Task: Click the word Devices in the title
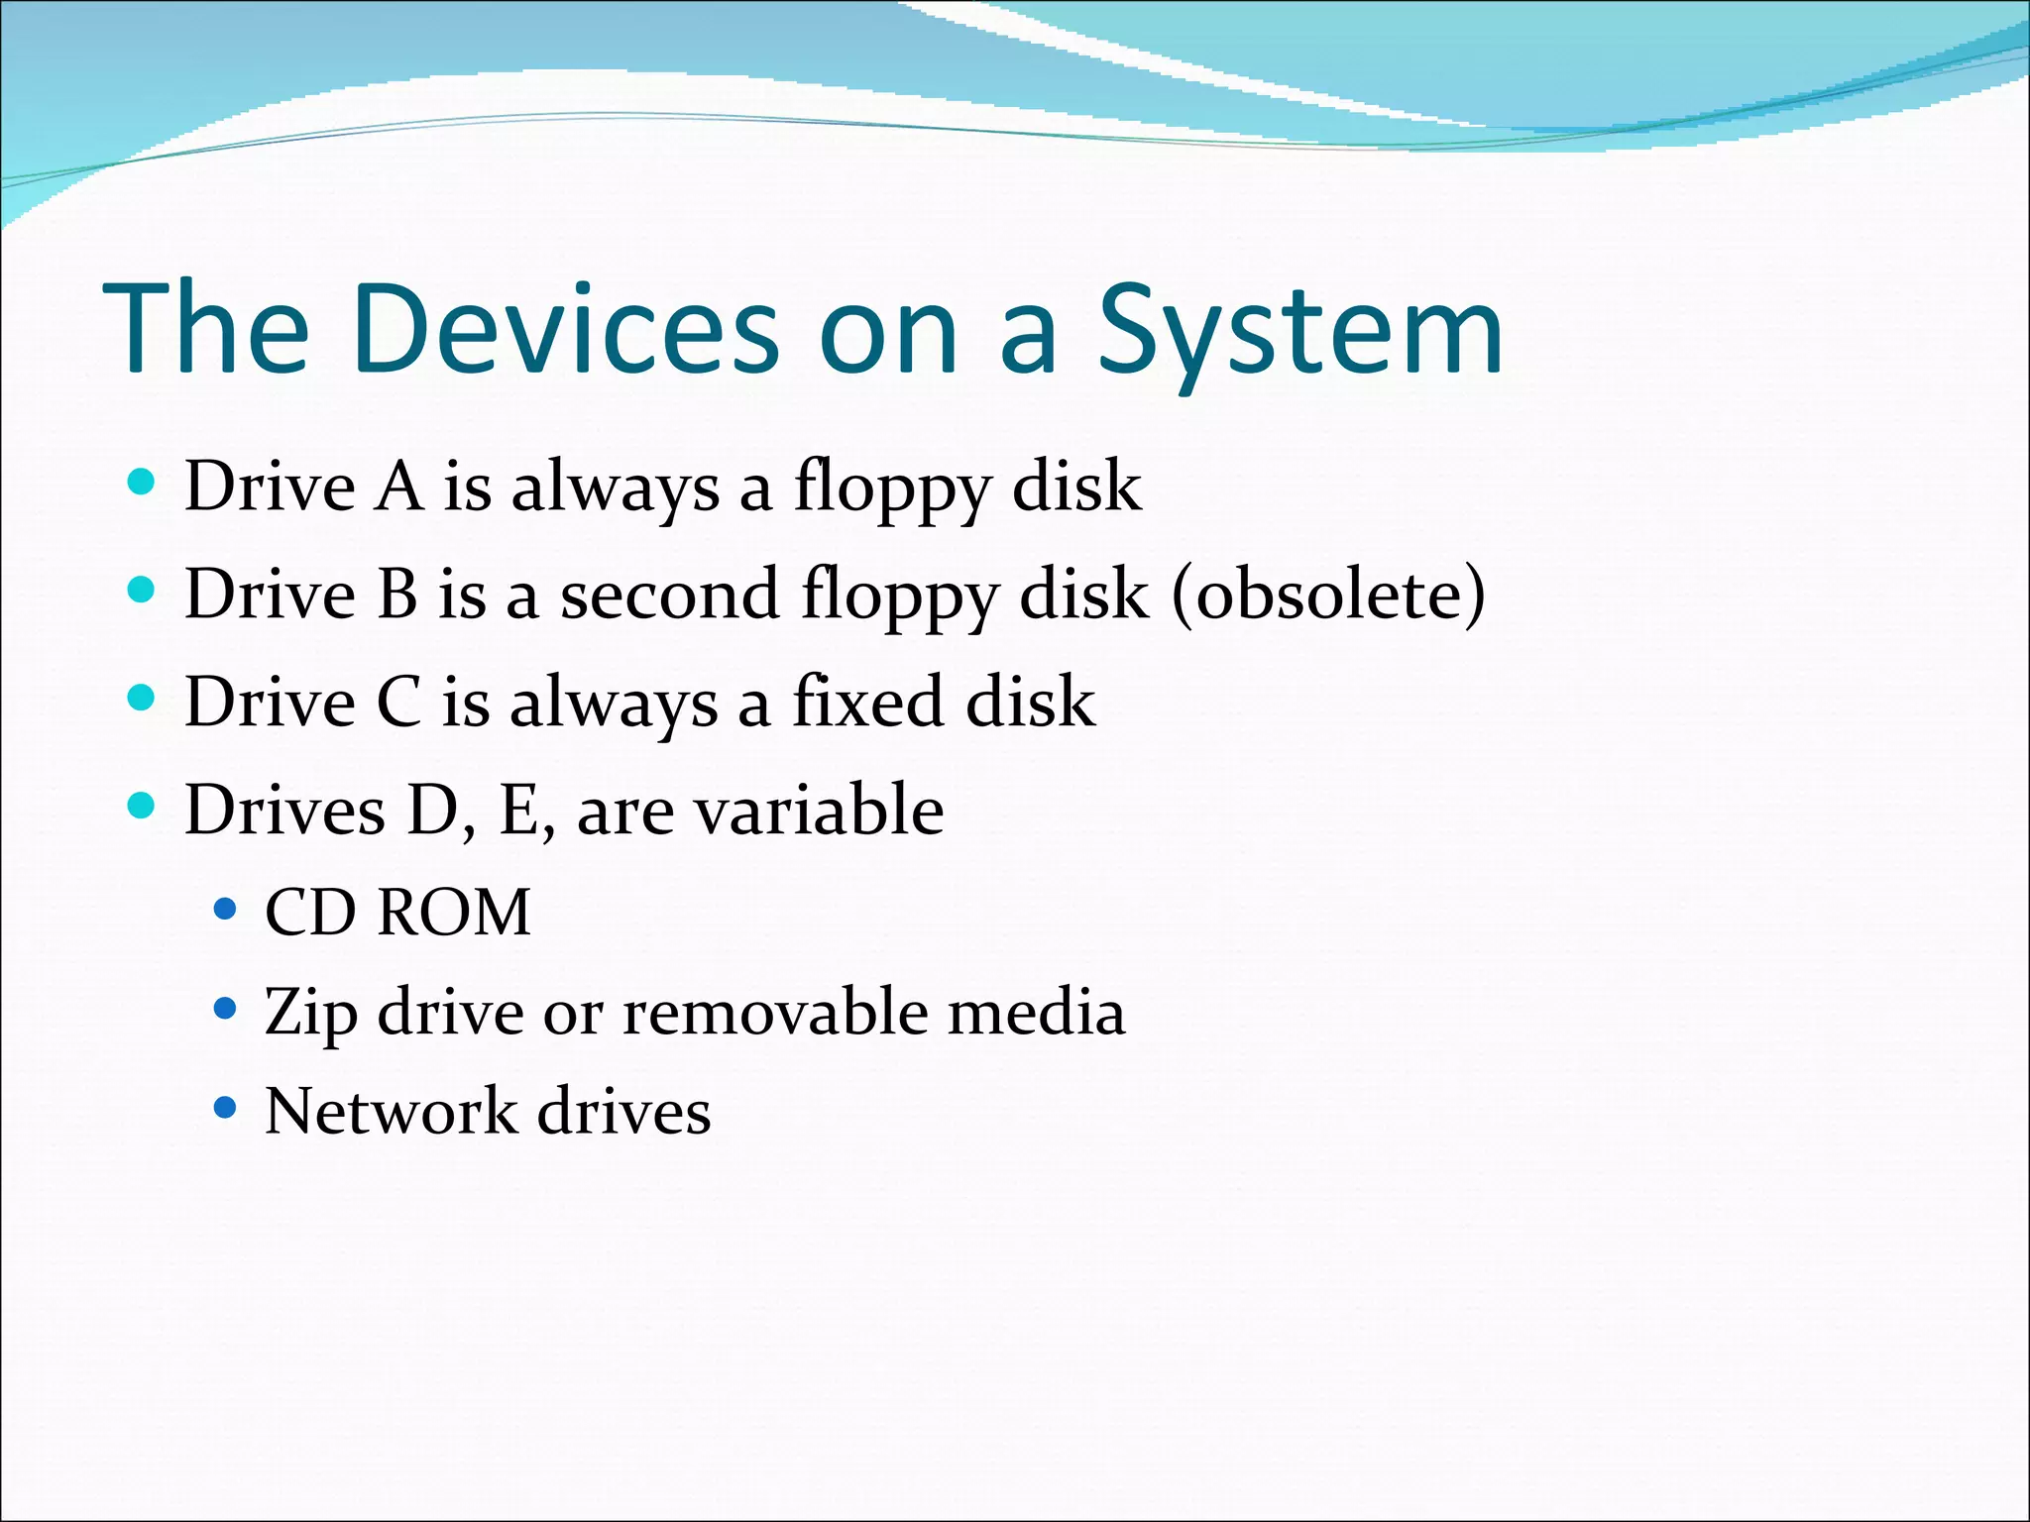(x=564, y=329)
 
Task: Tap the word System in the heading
(x=1300, y=329)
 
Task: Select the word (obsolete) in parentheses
(x=1328, y=595)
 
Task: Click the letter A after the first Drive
(x=398, y=487)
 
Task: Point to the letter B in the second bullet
(x=397, y=595)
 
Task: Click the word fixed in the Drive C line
(x=868, y=702)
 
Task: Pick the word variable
(x=819, y=810)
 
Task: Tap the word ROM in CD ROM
(x=454, y=912)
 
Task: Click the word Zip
(x=310, y=1013)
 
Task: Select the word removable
(x=776, y=1012)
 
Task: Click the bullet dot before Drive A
(x=143, y=483)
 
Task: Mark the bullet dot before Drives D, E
(x=143, y=805)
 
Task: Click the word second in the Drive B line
(x=669, y=595)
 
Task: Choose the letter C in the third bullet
(x=398, y=702)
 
